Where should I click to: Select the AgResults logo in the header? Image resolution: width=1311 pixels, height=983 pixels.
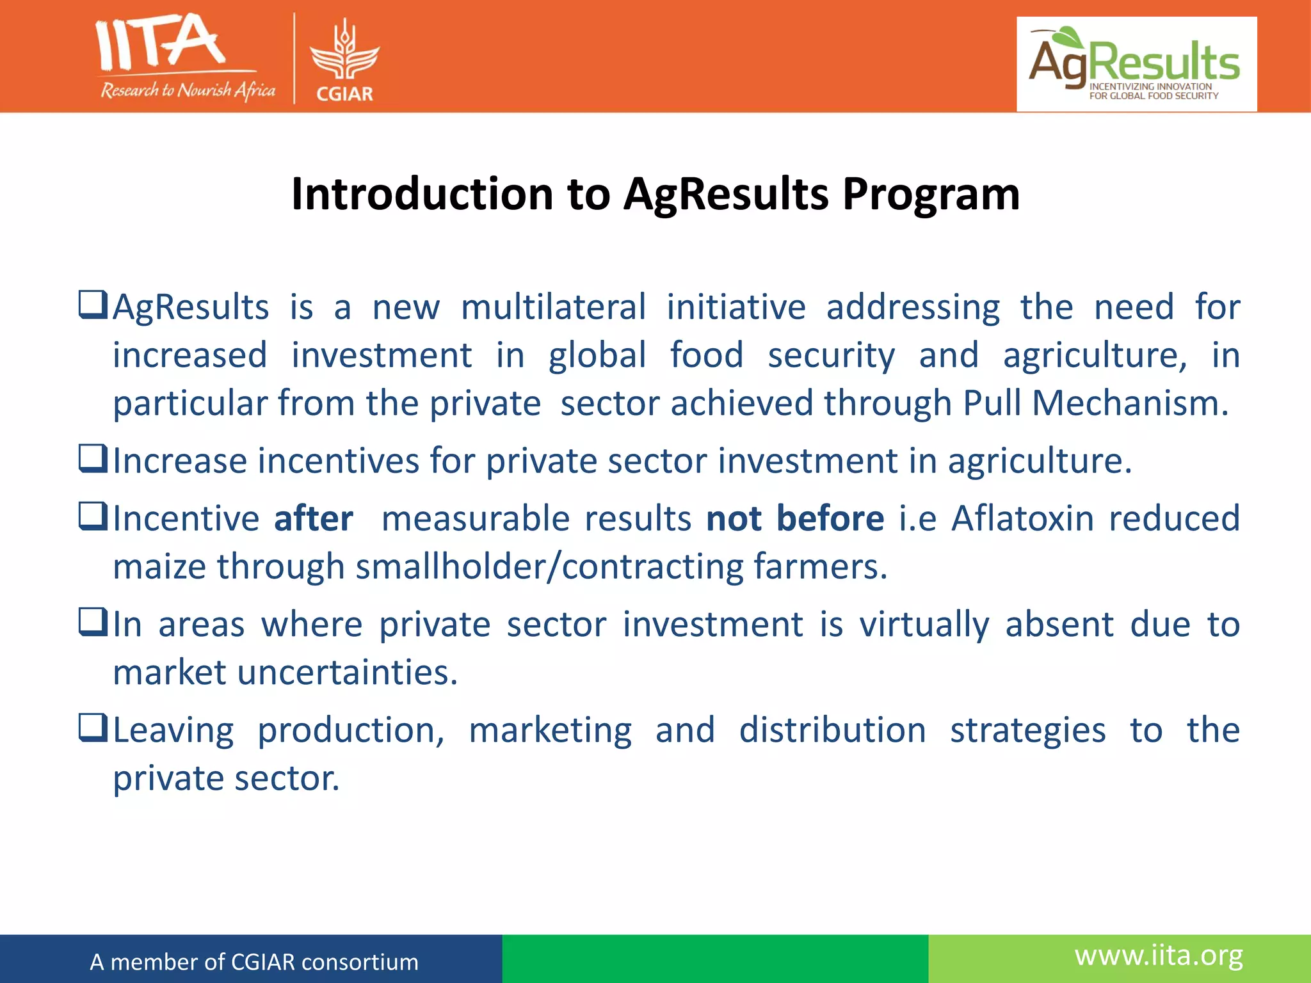[1136, 64]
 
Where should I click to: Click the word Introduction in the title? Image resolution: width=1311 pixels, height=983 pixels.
[422, 194]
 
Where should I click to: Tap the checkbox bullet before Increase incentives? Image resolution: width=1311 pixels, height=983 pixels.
[92, 459]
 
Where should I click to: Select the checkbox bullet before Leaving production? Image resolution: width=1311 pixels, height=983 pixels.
[92, 728]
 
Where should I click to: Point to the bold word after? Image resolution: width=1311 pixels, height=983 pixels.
[313, 518]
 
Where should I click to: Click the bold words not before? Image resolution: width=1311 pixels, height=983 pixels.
[795, 518]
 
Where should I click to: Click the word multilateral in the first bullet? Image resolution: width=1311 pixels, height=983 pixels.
[553, 307]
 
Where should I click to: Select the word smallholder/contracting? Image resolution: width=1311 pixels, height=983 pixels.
[549, 567]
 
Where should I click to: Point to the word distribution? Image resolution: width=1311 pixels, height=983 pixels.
[832, 730]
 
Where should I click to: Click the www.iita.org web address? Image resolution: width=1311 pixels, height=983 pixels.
[1159, 955]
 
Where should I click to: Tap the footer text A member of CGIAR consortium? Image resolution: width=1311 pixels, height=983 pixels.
[254, 962]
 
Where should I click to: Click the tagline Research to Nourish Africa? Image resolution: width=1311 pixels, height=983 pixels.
[188, 90]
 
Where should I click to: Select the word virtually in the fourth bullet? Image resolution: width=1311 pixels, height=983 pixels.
[924, 625]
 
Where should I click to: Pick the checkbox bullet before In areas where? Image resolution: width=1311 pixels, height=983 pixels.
[92, 622]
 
